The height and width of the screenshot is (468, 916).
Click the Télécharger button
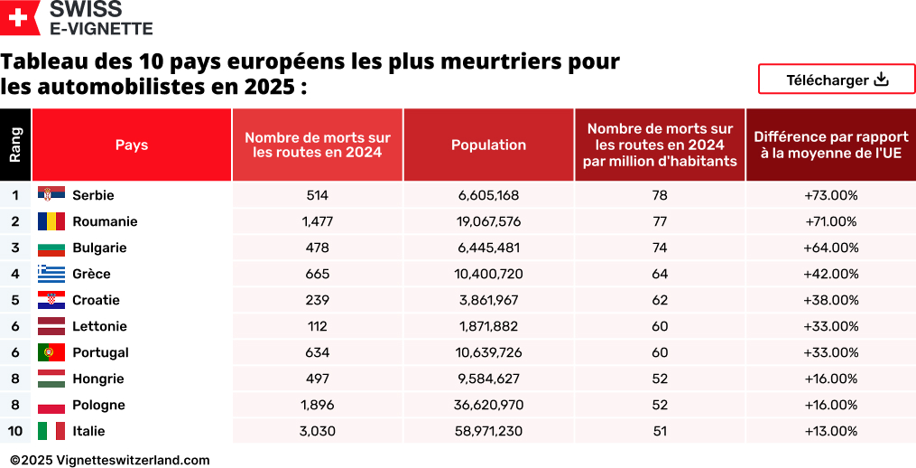click(x=837, y=80)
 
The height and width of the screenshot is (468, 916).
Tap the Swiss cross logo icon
click(x=20, y=18)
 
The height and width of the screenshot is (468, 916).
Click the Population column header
click(x=488, y=145)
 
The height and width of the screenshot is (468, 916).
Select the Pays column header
click(x=132, y=145)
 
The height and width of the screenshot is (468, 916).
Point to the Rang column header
click(x=15, y=145)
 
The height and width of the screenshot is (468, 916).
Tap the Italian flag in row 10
click(x=51, y=431)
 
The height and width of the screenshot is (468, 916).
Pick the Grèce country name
click(x=91, y=274)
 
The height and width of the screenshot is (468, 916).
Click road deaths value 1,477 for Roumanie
click(x=317, y=221)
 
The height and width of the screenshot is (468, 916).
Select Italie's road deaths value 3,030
click(x=317, y=431)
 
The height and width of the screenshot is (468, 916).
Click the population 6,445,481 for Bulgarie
click(x=488, y=248)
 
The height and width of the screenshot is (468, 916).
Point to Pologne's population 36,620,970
click(x=488, y=405)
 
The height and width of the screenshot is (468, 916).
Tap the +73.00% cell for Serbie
click(x=830, y=195)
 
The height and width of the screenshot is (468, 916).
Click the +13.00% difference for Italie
click(x=830, y=431)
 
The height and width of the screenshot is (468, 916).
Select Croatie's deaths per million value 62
click(x=660, y=300)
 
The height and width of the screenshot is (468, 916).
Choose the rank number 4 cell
click(x=15, y=274)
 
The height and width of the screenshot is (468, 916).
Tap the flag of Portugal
click(x=51, y=352)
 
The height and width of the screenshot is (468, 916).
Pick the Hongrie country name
click(x=97, y=379)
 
